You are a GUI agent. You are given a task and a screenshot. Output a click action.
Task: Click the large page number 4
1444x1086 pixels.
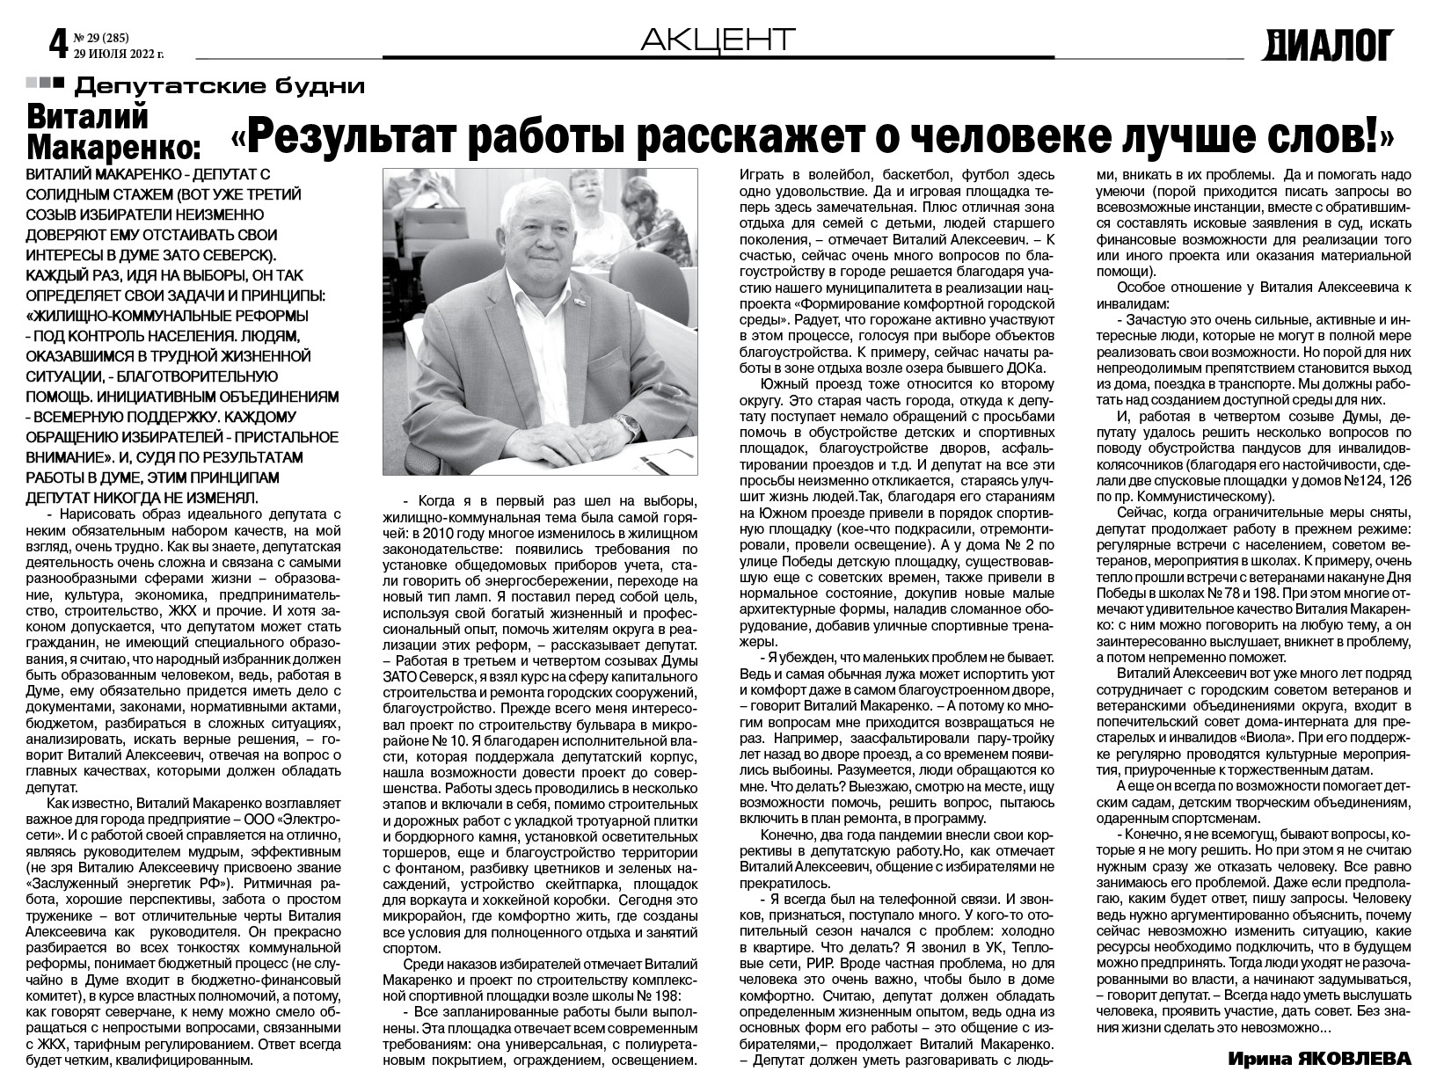tap(58, 41)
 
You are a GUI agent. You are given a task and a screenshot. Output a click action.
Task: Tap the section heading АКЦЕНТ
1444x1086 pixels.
tap(718, 40)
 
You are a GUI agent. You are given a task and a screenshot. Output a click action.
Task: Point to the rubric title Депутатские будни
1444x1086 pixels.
tap(220, 86)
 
